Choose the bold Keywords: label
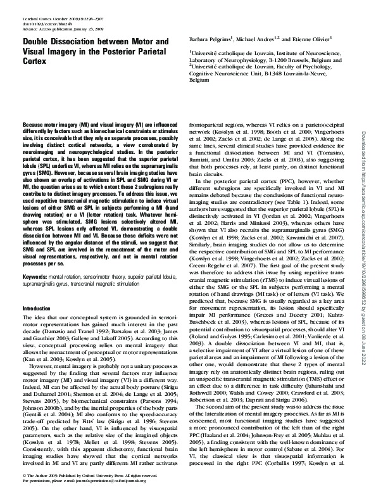34,278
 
